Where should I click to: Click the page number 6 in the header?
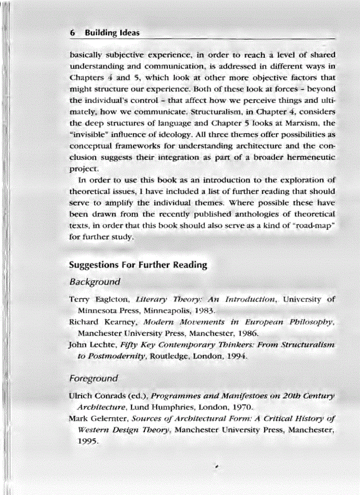coord(72,33)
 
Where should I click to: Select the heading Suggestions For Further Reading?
coord(138,265)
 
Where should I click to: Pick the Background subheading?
coord(94,282)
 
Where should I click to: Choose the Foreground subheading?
coord(94,378)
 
